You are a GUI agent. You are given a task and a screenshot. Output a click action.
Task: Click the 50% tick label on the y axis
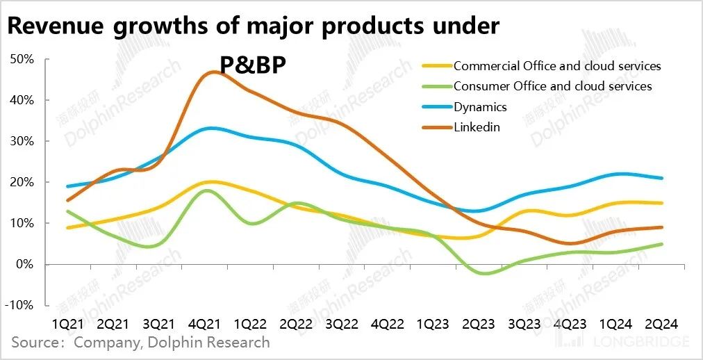pos(23,59)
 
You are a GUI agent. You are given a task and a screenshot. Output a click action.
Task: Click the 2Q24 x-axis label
pos(661,324)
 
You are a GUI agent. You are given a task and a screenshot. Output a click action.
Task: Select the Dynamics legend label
pos(480,107)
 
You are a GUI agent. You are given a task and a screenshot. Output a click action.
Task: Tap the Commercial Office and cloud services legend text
pos(557,66)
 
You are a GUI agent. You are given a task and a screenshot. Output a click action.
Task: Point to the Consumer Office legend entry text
pos(552,86)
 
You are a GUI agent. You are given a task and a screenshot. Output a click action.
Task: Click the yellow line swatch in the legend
pos(436,67)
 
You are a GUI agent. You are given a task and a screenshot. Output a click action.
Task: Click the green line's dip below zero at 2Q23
pos(485,274)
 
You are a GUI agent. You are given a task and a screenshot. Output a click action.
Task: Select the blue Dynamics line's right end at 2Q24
pos(662,178)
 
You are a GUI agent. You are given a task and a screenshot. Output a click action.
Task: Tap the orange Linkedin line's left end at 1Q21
pos(67,200)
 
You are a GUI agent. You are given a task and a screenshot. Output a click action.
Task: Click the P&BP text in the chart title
pos(254,64)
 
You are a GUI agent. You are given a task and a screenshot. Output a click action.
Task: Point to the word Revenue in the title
pos(53,26)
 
